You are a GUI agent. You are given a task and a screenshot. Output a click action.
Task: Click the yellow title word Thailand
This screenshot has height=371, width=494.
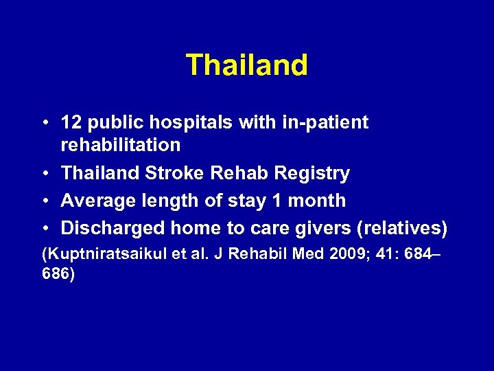(x=247, y=65)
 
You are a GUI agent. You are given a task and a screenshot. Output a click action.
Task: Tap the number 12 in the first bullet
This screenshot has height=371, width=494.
(x=71, y=122)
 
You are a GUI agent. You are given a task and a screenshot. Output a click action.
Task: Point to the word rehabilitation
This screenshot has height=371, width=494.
(x=121, y=145)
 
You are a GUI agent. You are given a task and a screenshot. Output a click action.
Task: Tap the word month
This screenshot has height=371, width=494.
(x=321, y=201)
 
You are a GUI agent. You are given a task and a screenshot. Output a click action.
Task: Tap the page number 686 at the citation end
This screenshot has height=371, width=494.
(x=56, y=273)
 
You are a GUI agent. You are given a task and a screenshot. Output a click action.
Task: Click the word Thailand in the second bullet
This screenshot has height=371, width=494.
(x=101, y=174)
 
